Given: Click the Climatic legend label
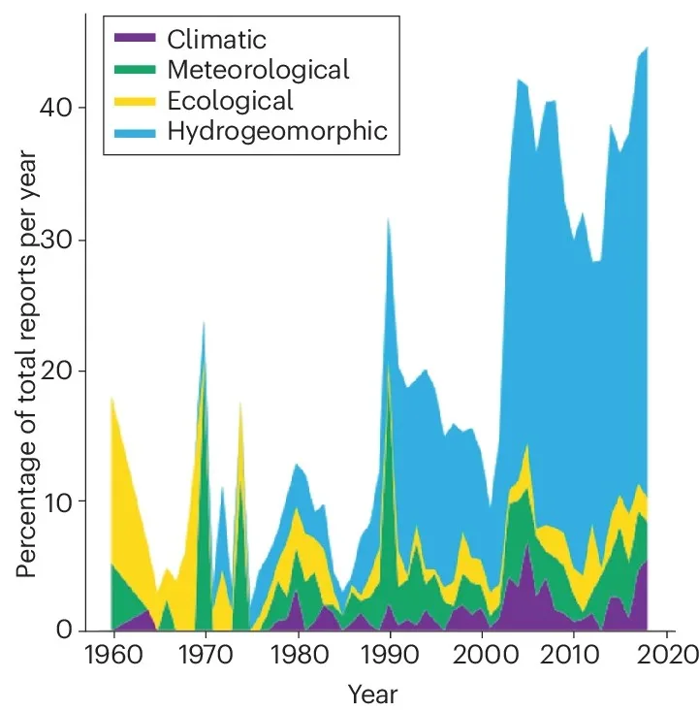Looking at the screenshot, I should point(216,40).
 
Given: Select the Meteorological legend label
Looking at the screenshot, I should point(258,70).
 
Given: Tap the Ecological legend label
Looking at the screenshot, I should point(230,100).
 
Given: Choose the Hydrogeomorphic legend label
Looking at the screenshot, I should point(277,130).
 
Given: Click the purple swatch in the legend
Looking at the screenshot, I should point(136,40).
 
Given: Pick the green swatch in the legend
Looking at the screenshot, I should point(136,70).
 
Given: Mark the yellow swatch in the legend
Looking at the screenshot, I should point(136,100).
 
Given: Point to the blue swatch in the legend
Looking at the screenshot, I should point(136,130).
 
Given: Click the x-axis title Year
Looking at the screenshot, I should point(372,695).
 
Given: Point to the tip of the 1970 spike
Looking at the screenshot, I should point(205,322).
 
